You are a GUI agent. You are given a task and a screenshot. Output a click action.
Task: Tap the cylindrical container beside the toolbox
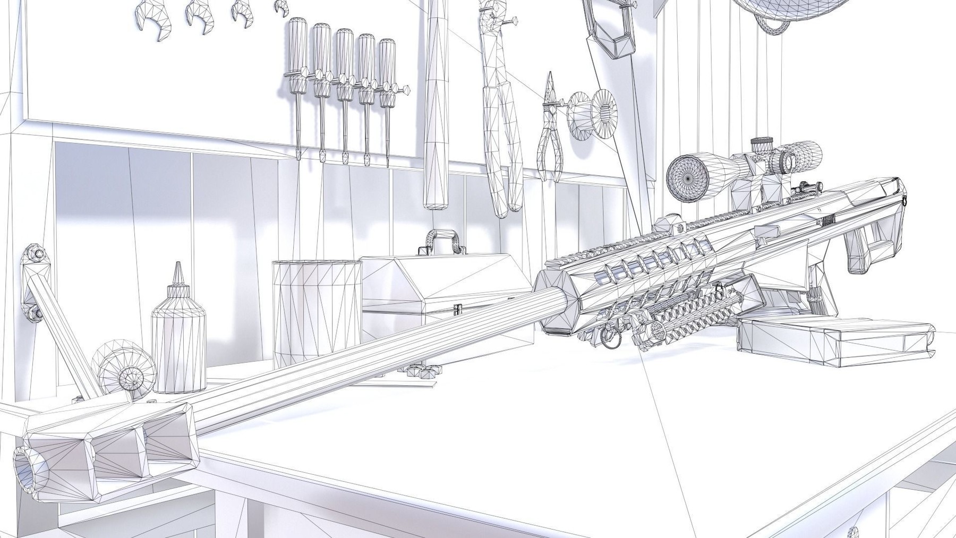click(317, 313)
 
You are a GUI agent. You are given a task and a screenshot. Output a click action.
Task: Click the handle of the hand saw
click(611, 27)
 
